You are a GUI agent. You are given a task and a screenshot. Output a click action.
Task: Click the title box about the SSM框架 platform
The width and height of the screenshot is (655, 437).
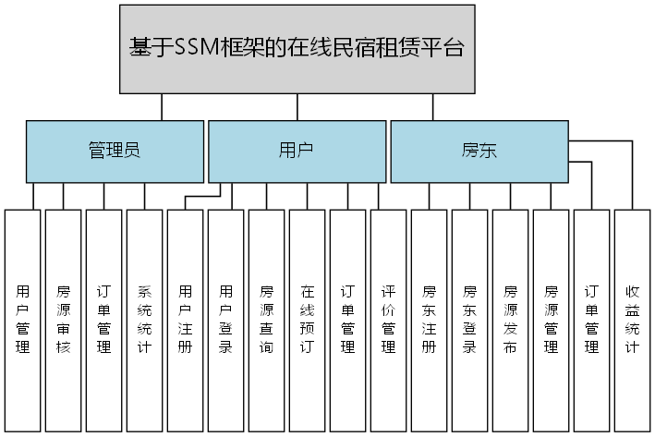pyautogui.click(x=297, y=49)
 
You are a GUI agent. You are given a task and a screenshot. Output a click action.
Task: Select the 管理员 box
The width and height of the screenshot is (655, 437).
pyautogui.click(x=115, y=151)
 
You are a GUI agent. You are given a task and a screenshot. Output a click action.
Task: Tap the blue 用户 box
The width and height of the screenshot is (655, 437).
pyautogui.click(x=297, y=151)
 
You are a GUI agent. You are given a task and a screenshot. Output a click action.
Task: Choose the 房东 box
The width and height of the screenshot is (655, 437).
pyautogui.click(x=479, y=151)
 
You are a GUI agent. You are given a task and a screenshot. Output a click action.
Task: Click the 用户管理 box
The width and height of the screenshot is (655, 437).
pyautogui.click(x=23, y=320)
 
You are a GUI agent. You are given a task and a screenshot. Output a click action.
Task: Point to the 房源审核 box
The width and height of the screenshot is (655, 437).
pyautogui.click(x=64, y=320)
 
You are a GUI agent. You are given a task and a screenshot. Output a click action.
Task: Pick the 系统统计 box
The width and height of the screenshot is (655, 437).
pyautogui.click(x=145, y=320)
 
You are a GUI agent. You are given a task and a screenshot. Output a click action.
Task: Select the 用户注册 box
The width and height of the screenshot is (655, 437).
pyautogui.click(x=186, y=320)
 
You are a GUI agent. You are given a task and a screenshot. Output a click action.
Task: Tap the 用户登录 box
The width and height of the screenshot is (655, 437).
pyautogui.click(x=226, y=320)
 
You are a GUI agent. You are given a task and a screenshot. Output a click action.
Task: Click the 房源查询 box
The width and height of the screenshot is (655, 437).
pyautogui.click(x=267, y=320)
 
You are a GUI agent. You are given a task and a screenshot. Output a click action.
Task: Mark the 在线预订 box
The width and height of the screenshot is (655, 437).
pyautogui.click(x=308, y=320)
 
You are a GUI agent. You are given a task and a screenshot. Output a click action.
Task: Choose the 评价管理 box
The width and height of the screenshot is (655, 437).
pyautogui.click(x=389, y=320)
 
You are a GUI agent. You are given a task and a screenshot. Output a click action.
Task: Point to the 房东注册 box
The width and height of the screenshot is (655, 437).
pyautogui.click(x=430, y=320)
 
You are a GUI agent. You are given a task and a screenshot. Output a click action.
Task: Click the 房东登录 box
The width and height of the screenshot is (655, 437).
pyautogui.click(x=470, y=320)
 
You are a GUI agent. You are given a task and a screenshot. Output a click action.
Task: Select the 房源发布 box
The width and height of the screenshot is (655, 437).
pyautogui.click(x=511, y=320)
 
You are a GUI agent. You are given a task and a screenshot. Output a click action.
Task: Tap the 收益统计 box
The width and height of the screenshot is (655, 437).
pyautogui.click(x=633, y=320)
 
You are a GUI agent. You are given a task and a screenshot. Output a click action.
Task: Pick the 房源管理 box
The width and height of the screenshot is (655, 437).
pyautogui.click(x=552, y=320)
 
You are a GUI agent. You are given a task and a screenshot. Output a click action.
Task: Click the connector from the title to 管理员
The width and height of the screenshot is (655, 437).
pyautogui.click(x=162, y=106)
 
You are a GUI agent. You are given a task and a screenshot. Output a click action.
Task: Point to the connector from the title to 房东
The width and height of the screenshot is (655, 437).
pyautogui.click(x=432, y=106)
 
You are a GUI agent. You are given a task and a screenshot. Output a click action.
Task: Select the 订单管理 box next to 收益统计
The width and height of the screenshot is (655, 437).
pyautogui.click(x=592, y=320)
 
